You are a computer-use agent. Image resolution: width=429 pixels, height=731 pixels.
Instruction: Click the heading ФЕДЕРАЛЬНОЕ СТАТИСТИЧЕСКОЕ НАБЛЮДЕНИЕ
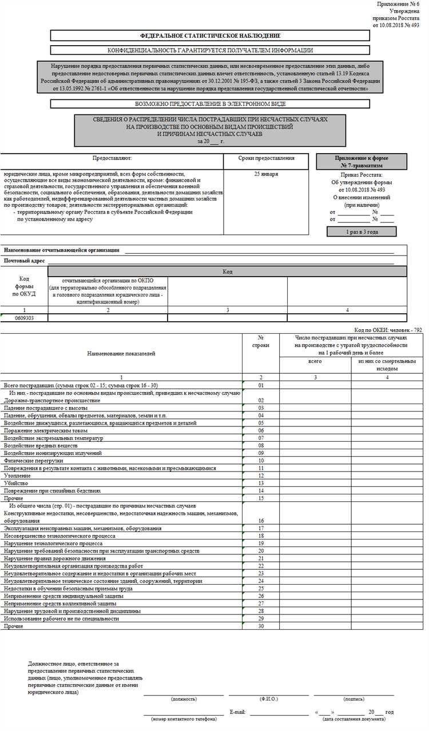click(210, 35)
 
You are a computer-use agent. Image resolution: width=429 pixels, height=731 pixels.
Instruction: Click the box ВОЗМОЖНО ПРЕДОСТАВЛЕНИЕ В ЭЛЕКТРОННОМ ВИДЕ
click(210, 104)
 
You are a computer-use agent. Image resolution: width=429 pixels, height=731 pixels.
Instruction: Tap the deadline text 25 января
click(267, 174)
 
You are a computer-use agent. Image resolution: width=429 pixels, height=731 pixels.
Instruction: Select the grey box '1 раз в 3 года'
click(361, 231)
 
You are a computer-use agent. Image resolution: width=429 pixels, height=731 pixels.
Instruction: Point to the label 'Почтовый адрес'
click(25, 261)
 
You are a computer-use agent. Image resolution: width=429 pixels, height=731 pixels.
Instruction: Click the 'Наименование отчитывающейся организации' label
click(62, 250)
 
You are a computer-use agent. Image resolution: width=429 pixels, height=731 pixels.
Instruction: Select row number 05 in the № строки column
click(260, 423)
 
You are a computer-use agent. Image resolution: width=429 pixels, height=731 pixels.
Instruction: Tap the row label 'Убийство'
click(15, 483)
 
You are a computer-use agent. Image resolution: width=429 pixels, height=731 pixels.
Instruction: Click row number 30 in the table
click(260, 626)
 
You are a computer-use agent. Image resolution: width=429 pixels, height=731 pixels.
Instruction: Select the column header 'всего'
click(315, 362)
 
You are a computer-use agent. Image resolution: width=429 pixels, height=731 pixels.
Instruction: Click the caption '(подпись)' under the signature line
click(354, 699)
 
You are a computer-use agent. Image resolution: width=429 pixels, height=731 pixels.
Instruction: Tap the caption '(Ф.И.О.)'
click(269, 699)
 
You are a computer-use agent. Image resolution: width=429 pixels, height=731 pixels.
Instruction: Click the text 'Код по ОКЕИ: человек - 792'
click(388, 330)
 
